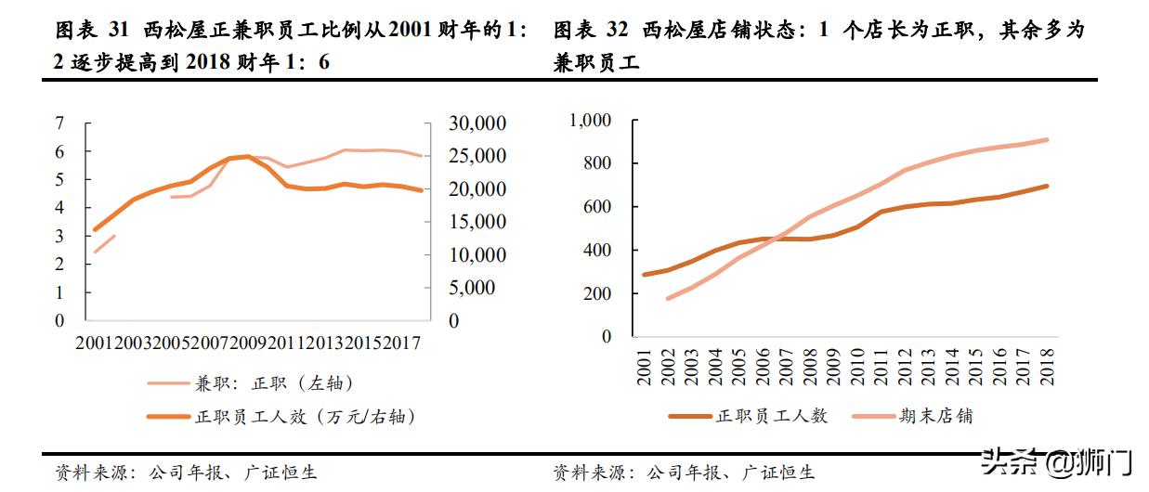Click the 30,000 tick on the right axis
click(477, 123)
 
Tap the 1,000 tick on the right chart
click(590, 120)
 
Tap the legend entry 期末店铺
click(937, 416)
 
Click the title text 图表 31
click(91, 31)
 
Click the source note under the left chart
click(186, 473)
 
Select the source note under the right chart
click(684, 473)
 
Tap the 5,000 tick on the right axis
click(471, 288)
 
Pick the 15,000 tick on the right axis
click(477, 222)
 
